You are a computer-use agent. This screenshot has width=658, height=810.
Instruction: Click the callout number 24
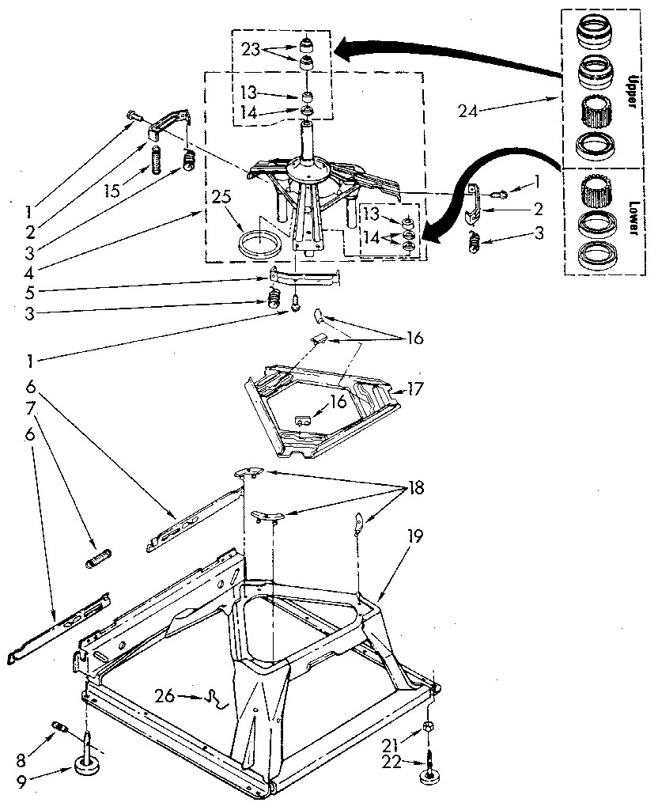tap(467, 111)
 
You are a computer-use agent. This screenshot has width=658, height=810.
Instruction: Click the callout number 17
tap(416, 388)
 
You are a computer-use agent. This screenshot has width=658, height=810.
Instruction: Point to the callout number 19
tap(414, 536)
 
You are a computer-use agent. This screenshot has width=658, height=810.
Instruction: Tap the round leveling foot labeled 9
tap(88, 765)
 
